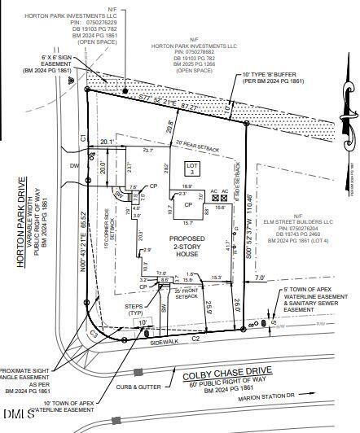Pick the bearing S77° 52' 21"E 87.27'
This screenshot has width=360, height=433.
pos(168,108)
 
